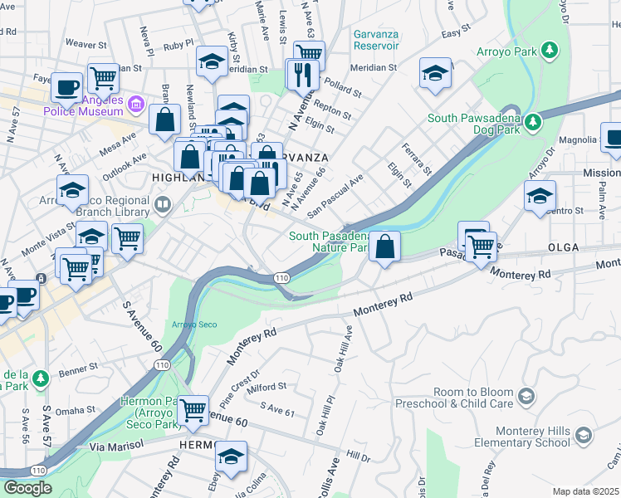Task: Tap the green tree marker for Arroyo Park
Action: pos(549,51)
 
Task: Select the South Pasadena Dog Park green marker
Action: pos(535,124)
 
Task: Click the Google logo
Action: pos(27,488)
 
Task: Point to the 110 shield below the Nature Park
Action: pos(282,278)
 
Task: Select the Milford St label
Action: pos(266,387)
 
